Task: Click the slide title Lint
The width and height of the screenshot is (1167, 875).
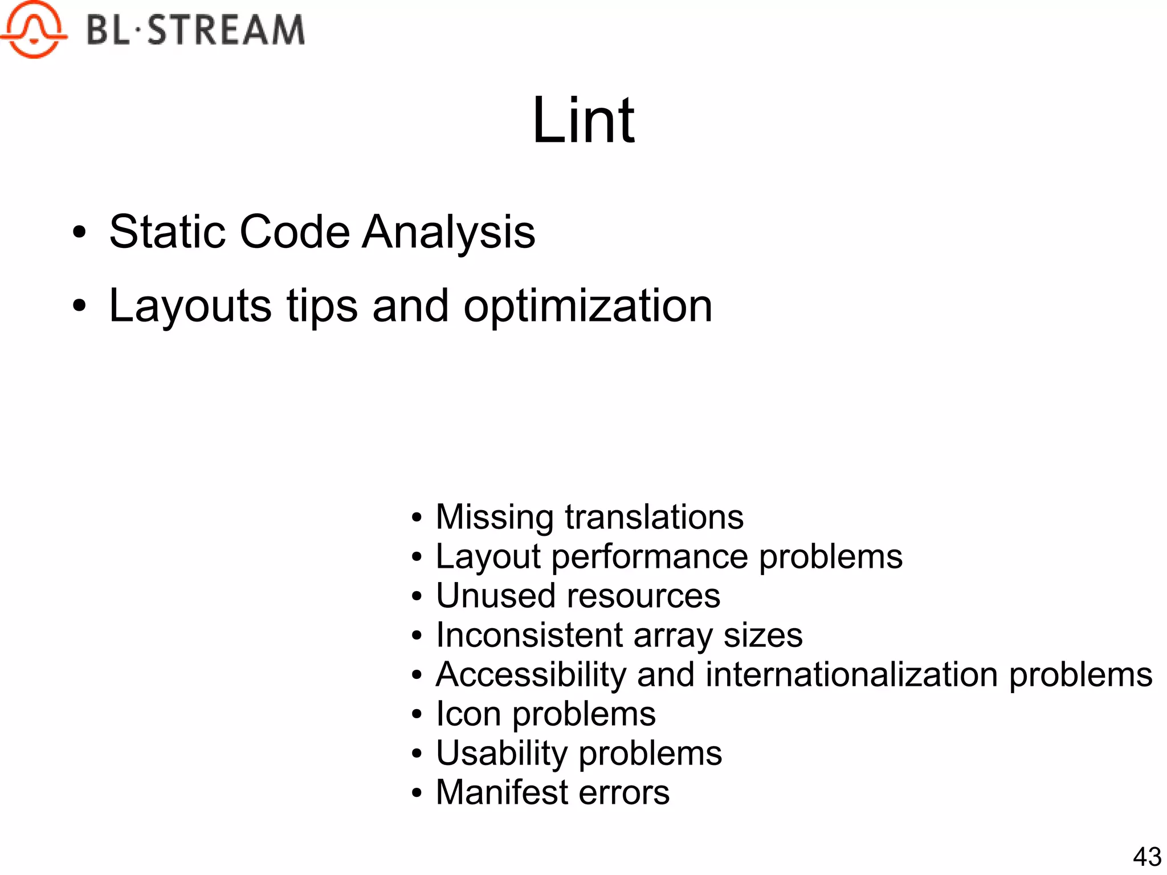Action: (583, 121)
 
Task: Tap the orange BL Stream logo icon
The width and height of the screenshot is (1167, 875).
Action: (33, 30)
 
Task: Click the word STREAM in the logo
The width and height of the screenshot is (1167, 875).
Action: (226, 30)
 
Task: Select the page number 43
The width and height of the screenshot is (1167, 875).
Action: (1147, 856)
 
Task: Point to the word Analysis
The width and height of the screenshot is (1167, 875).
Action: (449, 233)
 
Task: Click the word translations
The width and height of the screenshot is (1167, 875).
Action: (654, 517)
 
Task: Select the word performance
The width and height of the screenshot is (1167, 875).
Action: (649, 557)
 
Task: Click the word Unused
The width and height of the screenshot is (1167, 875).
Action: (495, 596)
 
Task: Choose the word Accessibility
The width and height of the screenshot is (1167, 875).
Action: (531, 675)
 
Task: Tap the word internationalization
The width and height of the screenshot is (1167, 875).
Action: (851, 674)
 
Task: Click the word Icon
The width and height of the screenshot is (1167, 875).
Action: (468, 714)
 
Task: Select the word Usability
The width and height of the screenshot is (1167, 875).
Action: (501, 754)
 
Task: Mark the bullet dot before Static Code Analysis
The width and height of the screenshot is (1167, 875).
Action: (79, 233)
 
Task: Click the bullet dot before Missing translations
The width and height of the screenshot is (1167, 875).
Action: (417, 518)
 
